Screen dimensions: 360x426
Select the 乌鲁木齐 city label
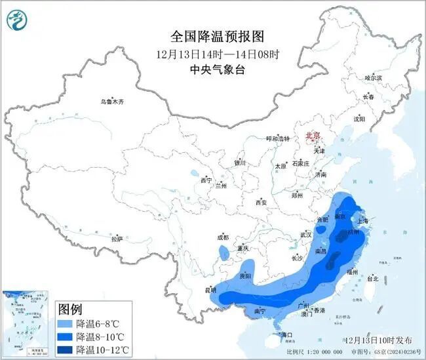pos(111,102)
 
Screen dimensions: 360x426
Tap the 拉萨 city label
pos(117,240)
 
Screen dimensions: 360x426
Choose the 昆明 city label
pos(210,289)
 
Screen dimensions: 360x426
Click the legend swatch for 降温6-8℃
pos(66,324)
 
